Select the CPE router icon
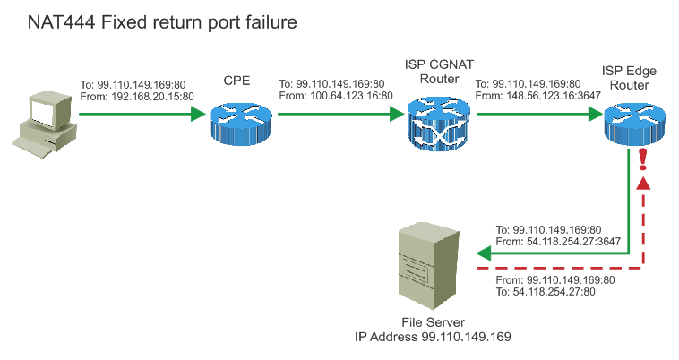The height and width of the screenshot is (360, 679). [236, 115]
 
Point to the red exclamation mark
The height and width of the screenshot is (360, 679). [642, 160]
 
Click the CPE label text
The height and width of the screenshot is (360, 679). [236, 82]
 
